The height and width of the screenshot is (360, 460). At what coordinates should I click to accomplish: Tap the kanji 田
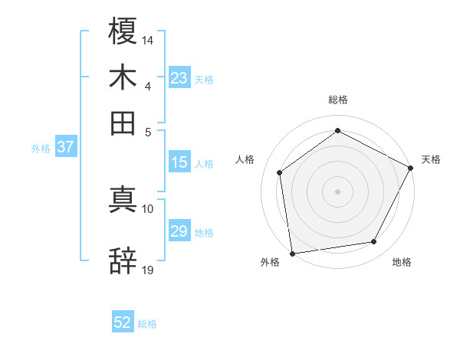point(123,123)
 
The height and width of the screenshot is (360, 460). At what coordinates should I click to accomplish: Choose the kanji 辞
point(123,260)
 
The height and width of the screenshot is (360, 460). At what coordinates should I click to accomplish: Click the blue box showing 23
point(179,78)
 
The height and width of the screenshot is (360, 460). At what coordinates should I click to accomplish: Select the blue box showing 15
point(179,162)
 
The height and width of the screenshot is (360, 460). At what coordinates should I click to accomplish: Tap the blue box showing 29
point(179,231)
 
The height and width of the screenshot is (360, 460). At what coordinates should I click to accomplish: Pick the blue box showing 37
point(65,148)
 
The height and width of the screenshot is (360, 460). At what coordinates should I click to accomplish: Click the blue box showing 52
point(123,323)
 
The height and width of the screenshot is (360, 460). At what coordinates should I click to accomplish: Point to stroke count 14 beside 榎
point(148,39)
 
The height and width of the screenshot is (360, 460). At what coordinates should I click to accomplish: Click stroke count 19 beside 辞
point(148,269)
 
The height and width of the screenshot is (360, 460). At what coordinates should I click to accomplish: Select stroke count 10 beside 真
point(148,208)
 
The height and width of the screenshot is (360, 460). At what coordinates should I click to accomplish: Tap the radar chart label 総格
point(337,100)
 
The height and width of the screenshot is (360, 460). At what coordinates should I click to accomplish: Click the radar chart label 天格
point(431,159)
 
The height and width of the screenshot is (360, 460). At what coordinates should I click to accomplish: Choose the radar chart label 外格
point(270,263)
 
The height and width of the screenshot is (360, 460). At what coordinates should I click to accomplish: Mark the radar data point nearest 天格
point(410,168)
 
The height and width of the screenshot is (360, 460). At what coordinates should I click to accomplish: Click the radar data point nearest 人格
point(280,172)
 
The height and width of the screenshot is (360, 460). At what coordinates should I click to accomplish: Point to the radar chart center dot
point(337,191)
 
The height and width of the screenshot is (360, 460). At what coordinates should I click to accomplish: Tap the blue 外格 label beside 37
point(41,149)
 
